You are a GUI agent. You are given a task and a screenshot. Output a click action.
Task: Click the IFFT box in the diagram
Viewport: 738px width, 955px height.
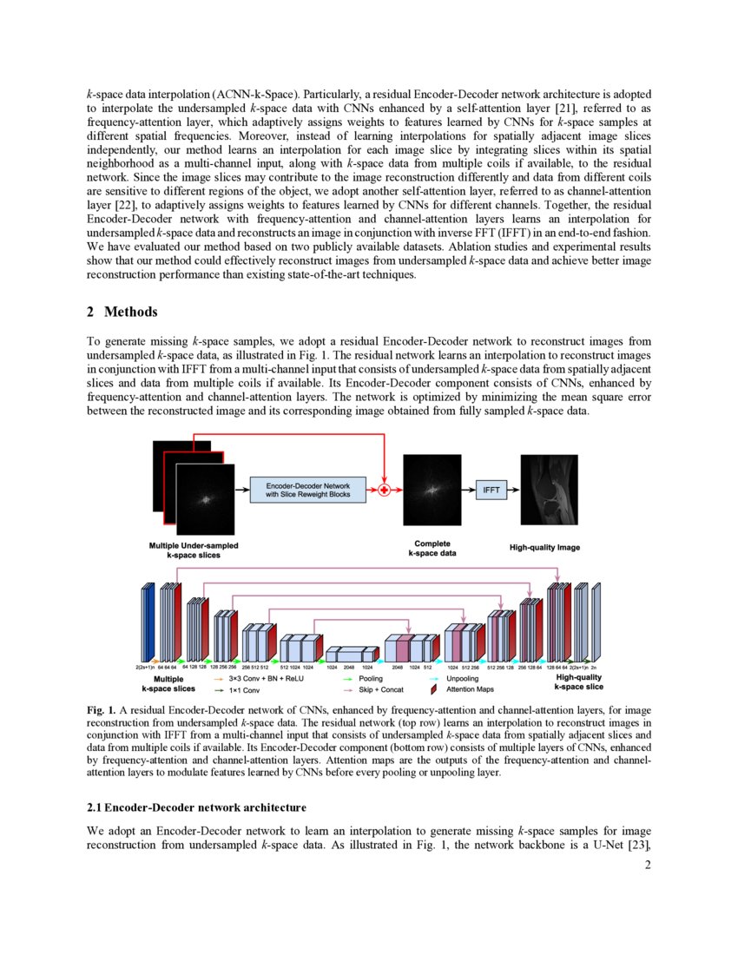491,491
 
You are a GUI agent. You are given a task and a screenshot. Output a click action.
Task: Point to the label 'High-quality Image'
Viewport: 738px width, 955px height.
544,548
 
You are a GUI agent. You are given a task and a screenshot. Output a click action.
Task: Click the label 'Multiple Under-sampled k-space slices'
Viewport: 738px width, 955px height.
194,550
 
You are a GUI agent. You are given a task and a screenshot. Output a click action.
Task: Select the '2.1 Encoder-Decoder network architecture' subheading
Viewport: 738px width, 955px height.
196,807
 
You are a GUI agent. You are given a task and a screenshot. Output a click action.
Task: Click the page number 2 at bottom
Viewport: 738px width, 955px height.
647,864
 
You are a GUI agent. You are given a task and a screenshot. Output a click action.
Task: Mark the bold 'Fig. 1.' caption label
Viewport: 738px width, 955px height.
102,711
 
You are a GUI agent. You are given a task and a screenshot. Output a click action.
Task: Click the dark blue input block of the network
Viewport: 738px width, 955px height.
147,623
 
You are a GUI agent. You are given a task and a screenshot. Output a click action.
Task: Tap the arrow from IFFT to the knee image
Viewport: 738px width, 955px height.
513,491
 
